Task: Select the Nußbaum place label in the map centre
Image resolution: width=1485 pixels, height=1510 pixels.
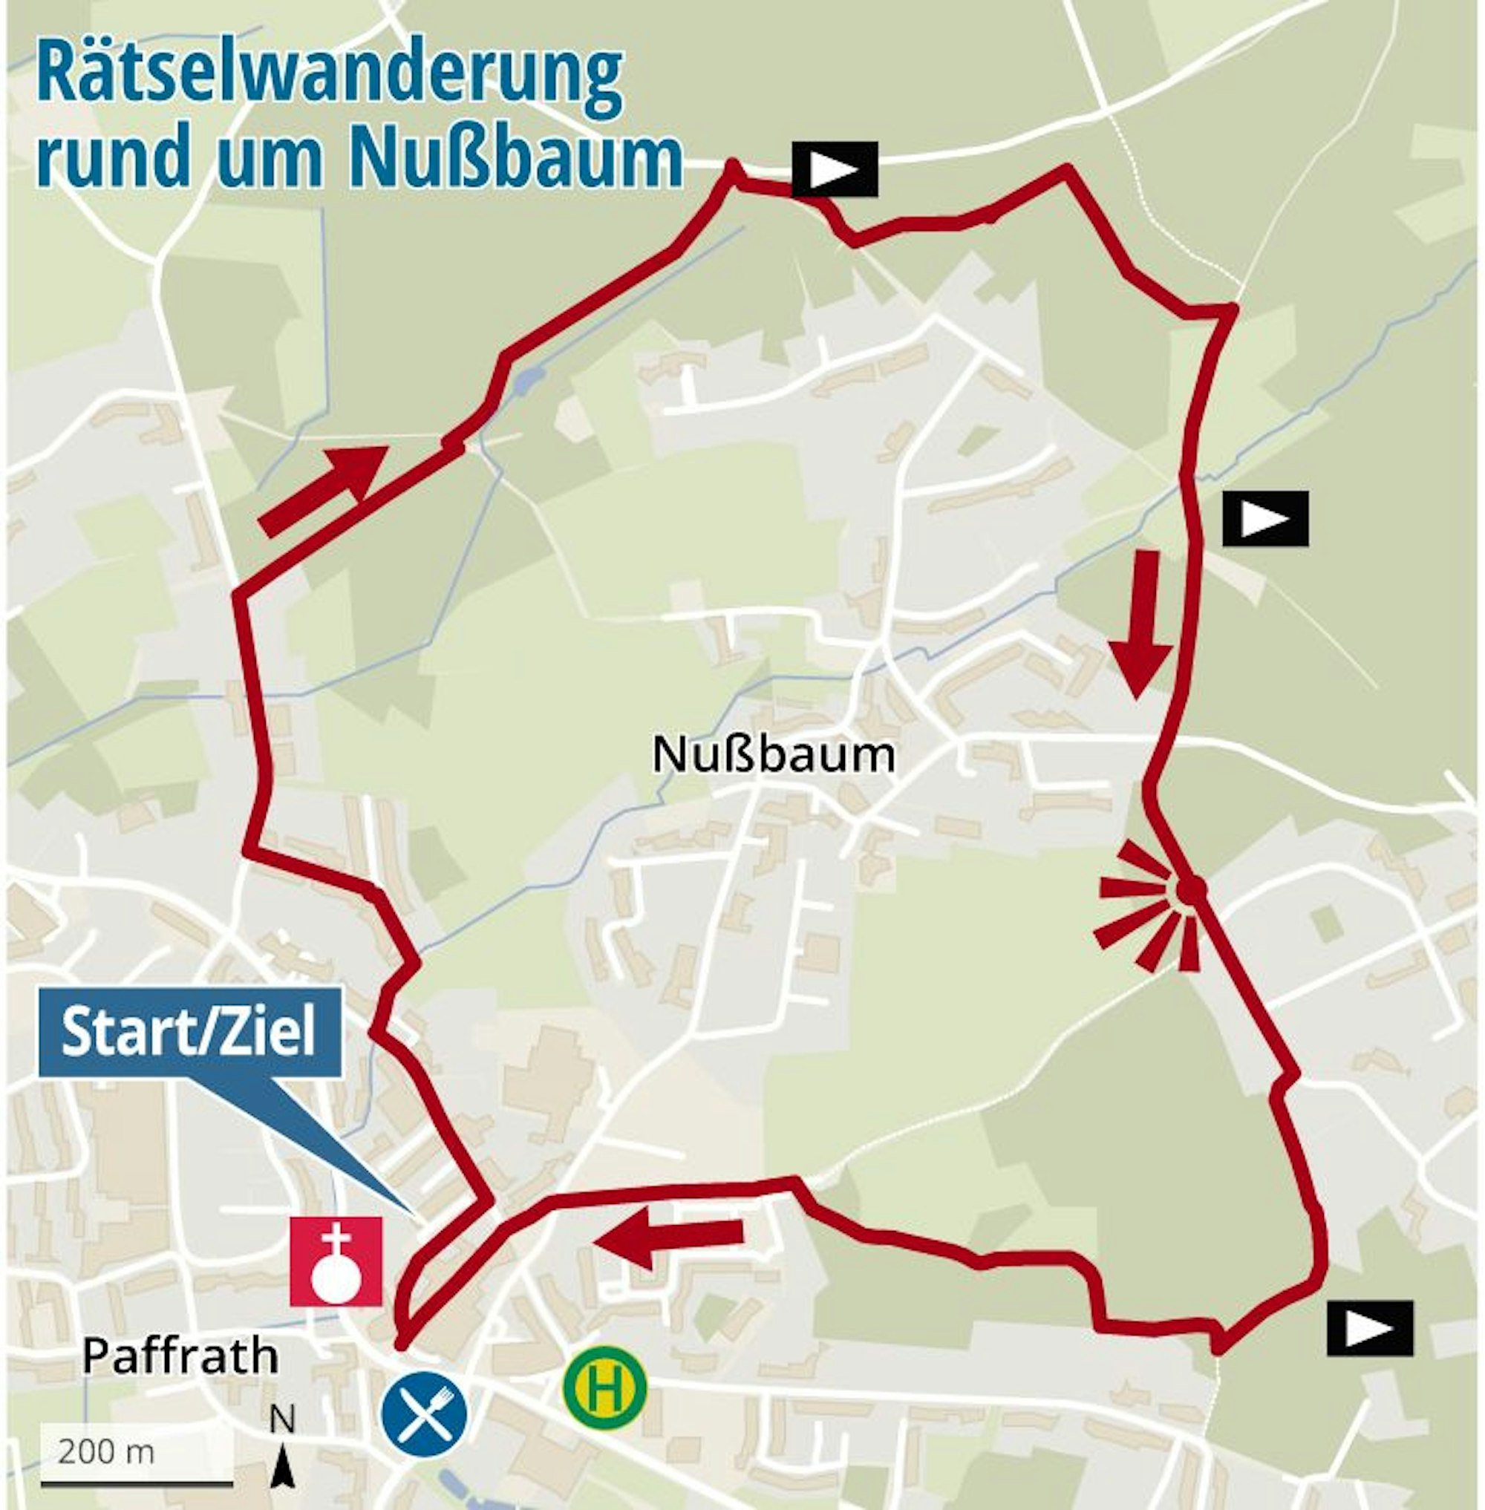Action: tap(773, 755)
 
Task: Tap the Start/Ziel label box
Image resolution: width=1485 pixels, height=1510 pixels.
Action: tap(189, 1033)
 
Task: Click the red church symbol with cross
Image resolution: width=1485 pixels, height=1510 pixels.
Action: tap(336, 1261)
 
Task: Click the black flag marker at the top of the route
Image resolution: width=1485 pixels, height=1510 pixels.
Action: tap(835, 169)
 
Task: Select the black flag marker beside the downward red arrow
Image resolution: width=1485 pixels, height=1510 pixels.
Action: tap(1264, 519)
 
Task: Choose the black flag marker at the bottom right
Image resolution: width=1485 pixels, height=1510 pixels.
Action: tap(1370, 1328)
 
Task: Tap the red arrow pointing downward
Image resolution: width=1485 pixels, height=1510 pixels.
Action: tap(1142, 622)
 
